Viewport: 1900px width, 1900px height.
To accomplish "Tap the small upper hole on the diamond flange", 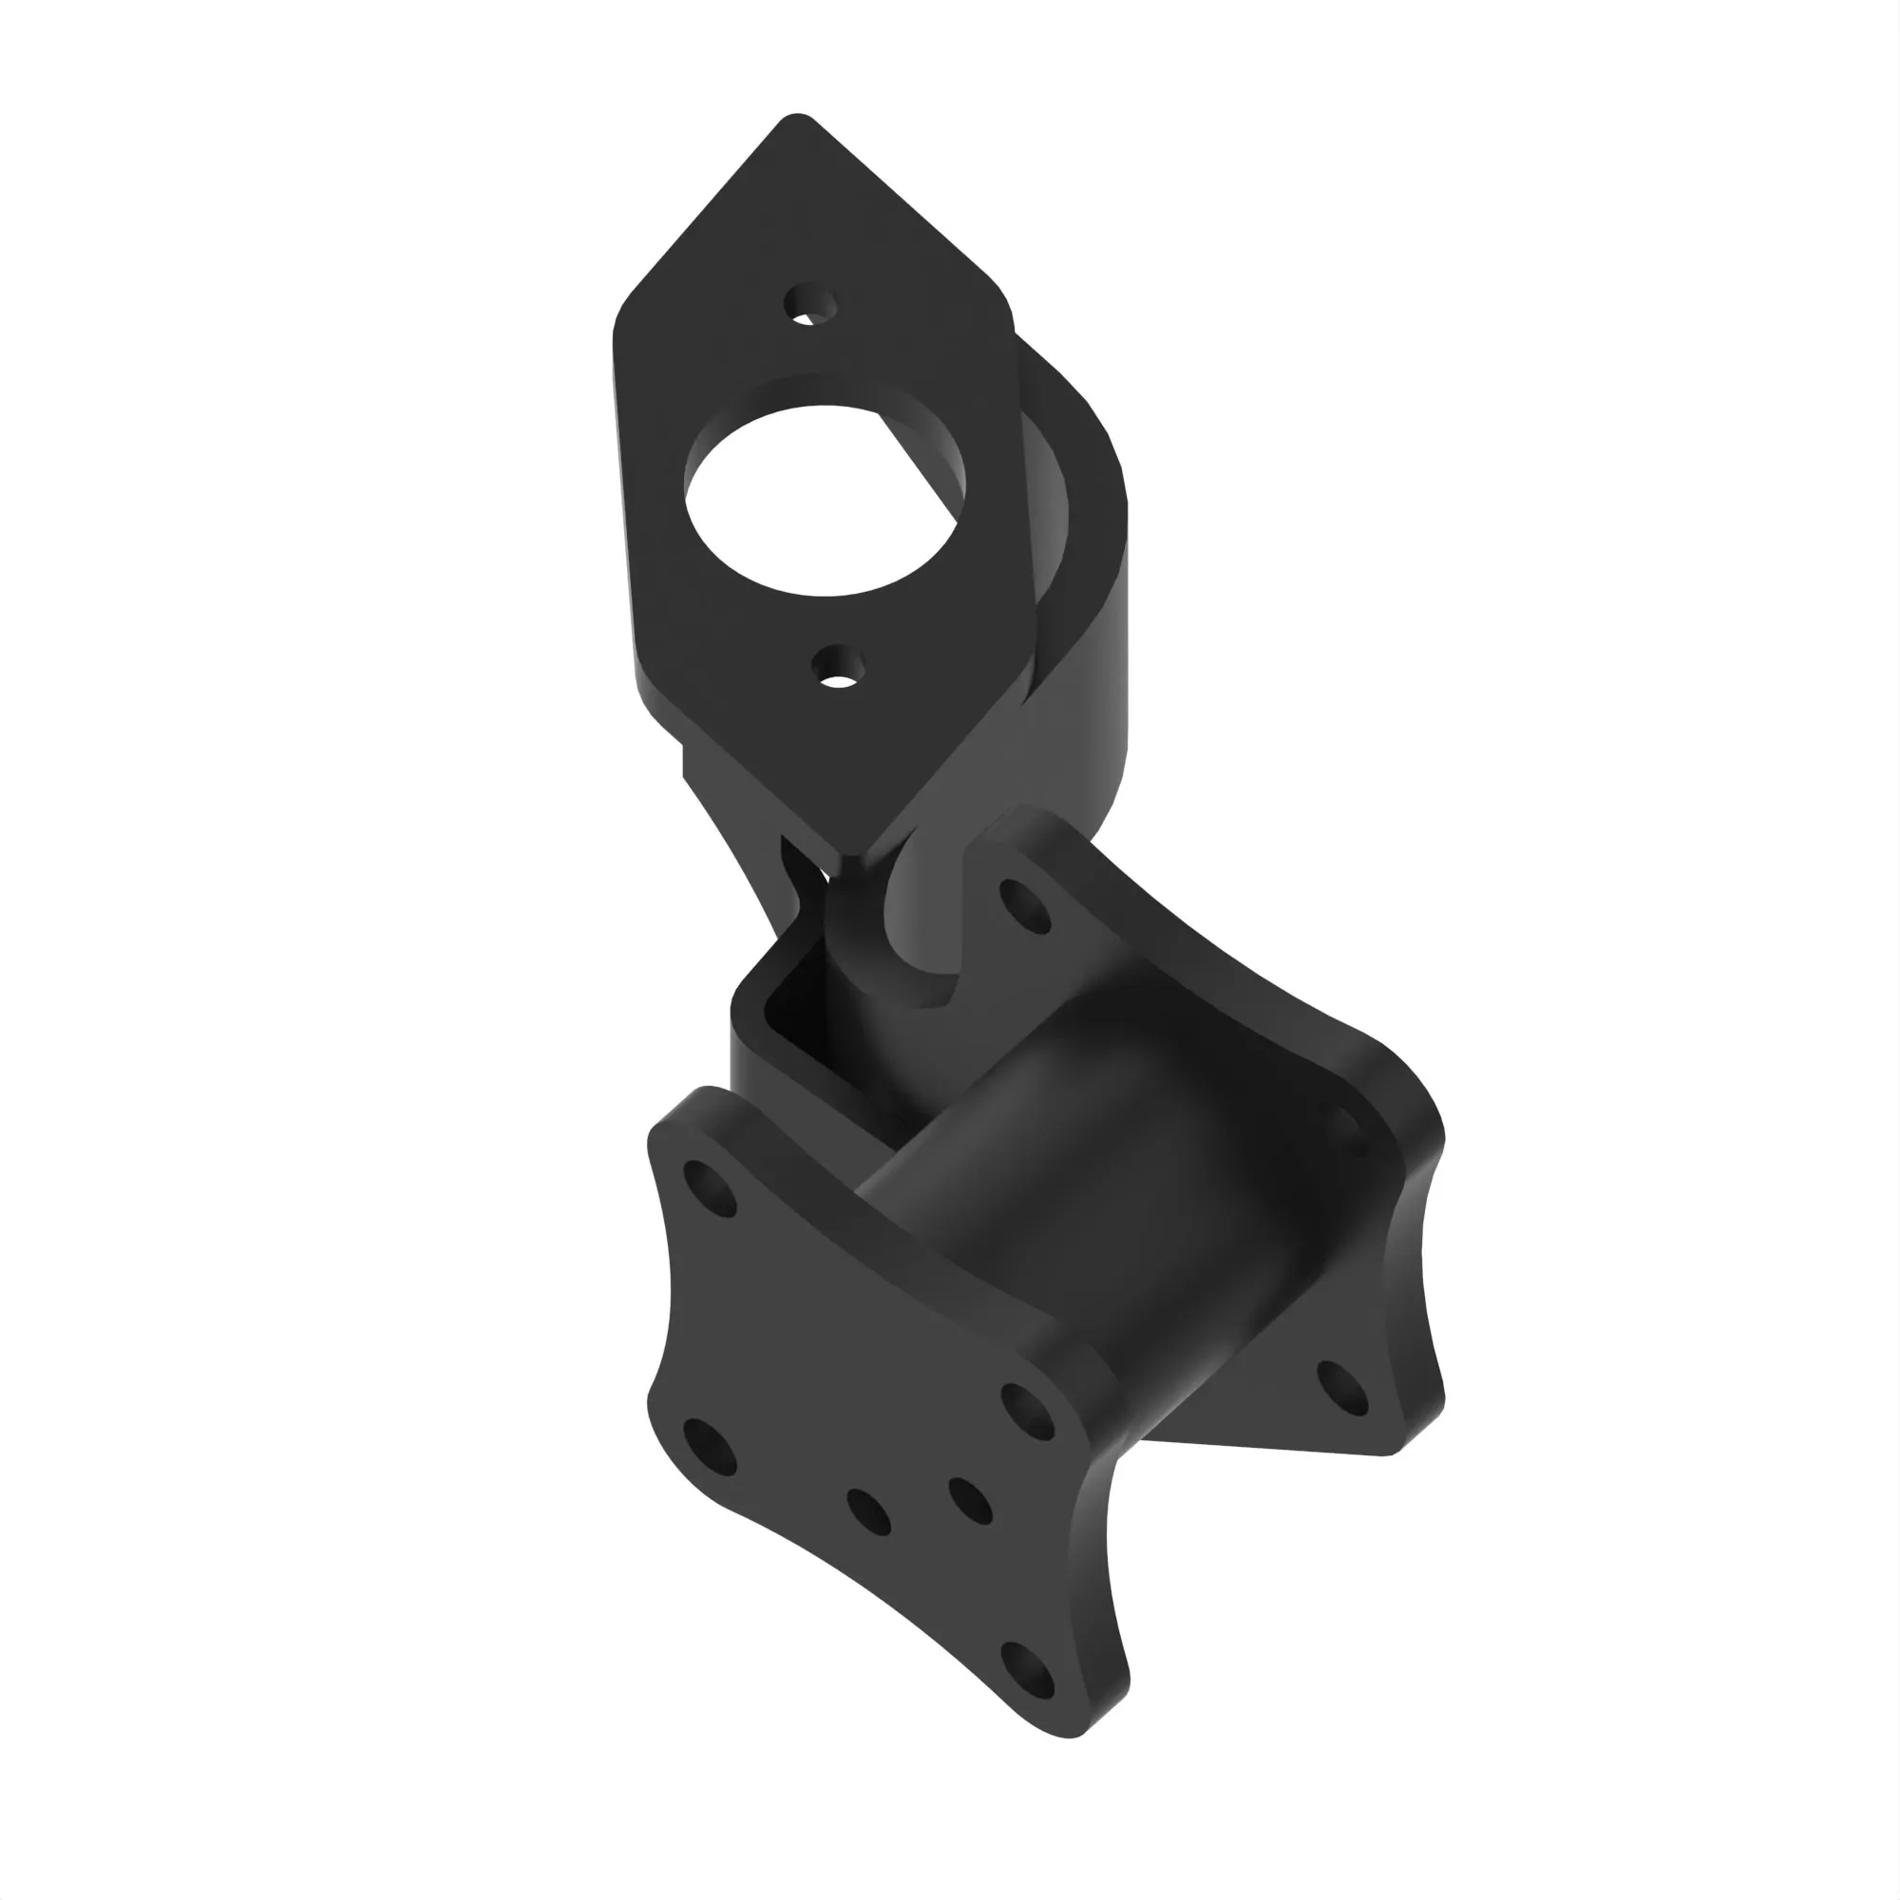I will click(x=810, y=306).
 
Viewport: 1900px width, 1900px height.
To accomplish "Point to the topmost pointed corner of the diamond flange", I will click(x=797, y=122).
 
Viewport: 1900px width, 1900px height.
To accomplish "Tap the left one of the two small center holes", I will click(x=868, y=1512).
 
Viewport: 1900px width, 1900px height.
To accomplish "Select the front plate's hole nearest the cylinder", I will click(x=1029, y=1413).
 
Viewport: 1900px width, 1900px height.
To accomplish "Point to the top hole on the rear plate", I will click(x=1025, y=904).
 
